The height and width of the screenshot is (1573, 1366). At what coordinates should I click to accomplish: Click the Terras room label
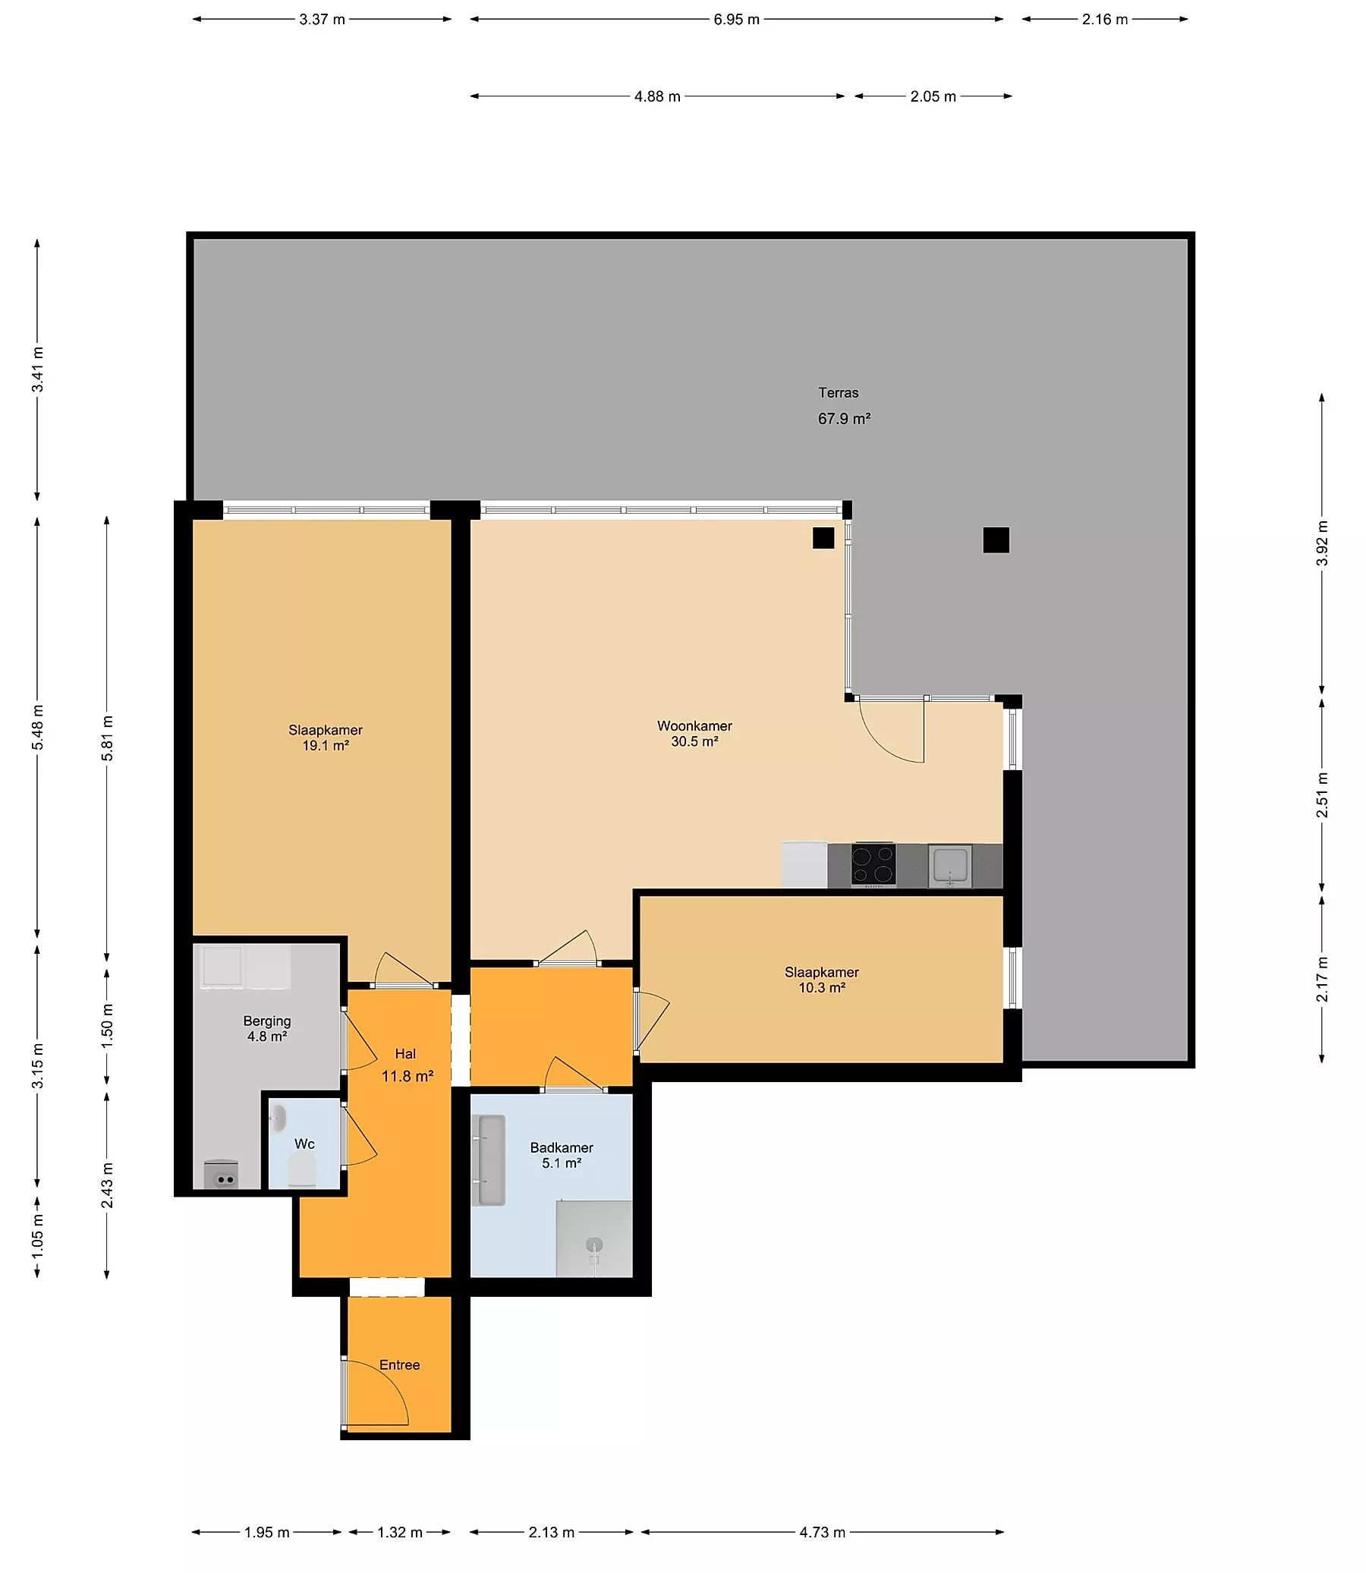[x=839, y=392]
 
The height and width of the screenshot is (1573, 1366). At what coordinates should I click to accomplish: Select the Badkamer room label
[x=562, y=1147]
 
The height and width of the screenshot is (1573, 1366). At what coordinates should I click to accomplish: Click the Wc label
[x=304, y=1144]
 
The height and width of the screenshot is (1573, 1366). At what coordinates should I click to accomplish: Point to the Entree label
[x=399, y=1364]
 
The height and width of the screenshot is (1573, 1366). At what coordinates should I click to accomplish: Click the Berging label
[x=267, y=1021]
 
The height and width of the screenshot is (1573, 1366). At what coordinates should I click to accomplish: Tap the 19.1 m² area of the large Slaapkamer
[x=326, y=745]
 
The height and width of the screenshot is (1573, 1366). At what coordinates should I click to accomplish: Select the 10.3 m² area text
[x=822, y=988]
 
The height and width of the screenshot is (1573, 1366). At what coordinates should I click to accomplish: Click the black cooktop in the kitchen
[x=873, y=865]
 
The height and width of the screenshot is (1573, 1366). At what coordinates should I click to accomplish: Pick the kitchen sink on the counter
[x=950, y=866]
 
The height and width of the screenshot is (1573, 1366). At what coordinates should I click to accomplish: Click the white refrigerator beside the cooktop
[x=804, y=865]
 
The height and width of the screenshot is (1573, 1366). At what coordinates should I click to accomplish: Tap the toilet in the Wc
[x=302, y=1169]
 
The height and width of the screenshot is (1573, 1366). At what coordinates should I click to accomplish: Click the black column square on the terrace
[x=996, y=540]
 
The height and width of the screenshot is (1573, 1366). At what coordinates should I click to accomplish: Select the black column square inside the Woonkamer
[x=823, y=538]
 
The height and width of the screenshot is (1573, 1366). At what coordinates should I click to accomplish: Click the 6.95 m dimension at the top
[x=736, y=19]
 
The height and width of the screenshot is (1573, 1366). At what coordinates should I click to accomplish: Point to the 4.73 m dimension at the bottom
[x=823, y=1532]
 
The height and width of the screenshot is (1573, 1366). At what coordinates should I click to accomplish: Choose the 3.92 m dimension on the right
[x=1322, y=543]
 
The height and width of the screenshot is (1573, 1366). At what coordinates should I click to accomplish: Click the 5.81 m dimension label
[x=108, y=738]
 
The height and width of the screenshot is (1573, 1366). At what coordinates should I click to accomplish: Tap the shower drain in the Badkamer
[x=593, y=1244]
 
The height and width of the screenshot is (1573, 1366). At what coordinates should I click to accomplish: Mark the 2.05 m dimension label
[x=933, y=97]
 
